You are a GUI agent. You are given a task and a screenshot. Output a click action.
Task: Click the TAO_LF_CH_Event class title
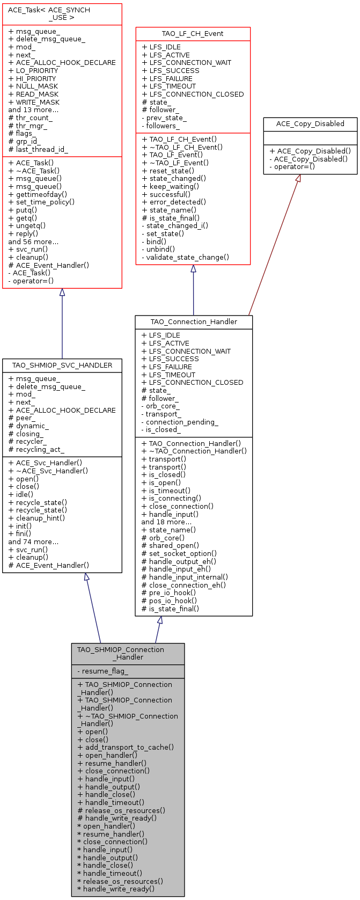click(193, 34)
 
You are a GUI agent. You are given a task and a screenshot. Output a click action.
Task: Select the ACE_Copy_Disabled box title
click(310, 124)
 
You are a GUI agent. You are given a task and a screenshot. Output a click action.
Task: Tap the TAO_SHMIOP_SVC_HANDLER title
click(62, 365)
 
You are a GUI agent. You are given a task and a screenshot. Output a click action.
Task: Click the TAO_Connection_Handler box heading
click(194, 322)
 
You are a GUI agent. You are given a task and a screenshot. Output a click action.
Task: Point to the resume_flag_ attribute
click(105, 671)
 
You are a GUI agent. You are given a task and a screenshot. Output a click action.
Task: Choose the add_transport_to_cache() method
click(126, 747)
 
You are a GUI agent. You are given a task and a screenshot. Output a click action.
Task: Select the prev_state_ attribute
click(164, 118)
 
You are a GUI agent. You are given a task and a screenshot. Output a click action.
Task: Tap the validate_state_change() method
click(185, 257)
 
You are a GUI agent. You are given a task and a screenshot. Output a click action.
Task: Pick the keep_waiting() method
click(170, 186)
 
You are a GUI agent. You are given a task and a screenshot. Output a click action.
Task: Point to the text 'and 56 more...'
click(33, 242)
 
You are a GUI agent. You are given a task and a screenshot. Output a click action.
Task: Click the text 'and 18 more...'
click(166, 522)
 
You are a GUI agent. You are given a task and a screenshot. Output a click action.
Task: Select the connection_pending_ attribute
click(179, 422)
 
